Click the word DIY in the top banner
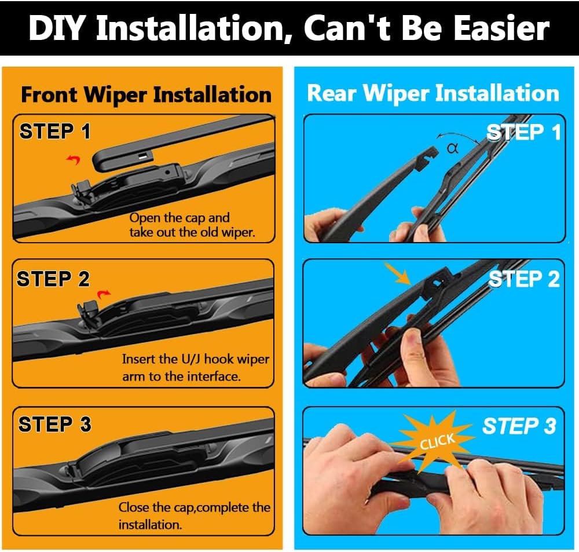pos(57,28)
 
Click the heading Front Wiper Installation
pos(146,94)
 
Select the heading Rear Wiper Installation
pos(433,93)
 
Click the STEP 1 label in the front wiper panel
pos(55,132)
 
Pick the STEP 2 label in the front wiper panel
pos(53,279)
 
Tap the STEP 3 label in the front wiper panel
pos(54,425)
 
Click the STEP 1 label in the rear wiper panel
pos(523,133)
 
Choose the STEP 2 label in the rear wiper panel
pos(523,279)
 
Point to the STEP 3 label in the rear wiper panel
pos(519,426)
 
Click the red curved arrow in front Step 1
pos(74,159)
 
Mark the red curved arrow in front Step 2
pos(104,294)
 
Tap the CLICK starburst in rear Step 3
pos(437,441)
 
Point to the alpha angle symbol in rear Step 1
pos(453,148)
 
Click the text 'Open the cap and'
pos(179,218)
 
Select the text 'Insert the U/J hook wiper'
pos(195,359)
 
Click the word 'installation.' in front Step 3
pos(149,525)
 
